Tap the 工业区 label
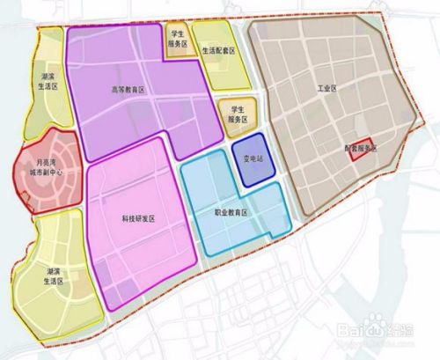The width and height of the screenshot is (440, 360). [x=329, y=90]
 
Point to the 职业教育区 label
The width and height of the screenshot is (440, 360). [x=232, y=213]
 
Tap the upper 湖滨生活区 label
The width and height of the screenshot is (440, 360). [x=49, y=82]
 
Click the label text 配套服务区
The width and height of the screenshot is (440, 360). [x=359, y=149]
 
